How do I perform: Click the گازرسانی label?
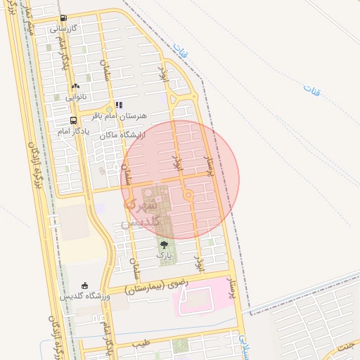pyautogui.click(x=63, y=30)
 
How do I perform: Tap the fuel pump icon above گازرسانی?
pyautogui.click(x=64, y=19)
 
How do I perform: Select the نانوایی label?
pyautogui.click(x=76, y=96)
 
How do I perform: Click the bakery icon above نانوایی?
pyautogui.click(x=75, y=86)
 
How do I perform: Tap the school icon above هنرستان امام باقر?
pyautogui.click(x=119, y=105)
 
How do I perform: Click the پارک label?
pyautogui.click(x=164, y=256)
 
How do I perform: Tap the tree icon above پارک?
pyautogui.click(x=165, y=245)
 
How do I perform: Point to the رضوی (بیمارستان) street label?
pyautogui.click(x=156, y=285)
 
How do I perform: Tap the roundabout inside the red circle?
pyautogui.click(x=188, y=195)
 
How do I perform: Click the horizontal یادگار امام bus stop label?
pyautogui.click(x=72, y=131)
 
